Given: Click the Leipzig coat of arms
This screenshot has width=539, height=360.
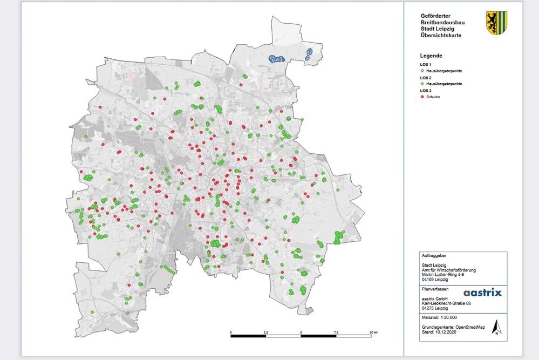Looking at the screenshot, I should [496, 23].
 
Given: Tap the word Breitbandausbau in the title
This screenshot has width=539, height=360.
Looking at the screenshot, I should [442, 23].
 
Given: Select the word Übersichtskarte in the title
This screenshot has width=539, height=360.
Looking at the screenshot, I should [441, 36].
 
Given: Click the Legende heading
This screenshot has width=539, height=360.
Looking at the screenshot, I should [431, 56].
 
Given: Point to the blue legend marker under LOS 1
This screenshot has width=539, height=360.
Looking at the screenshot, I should [422, 71].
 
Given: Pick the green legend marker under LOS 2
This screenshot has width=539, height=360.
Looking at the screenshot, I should [422, 84].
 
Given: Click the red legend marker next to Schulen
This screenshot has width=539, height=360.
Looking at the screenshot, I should [422, 97].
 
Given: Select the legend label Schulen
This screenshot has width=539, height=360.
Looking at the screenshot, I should [434, 97].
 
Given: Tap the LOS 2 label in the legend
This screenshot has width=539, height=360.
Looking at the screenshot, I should [426, 78].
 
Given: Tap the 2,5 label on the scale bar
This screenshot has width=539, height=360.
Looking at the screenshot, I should [265, 332].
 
